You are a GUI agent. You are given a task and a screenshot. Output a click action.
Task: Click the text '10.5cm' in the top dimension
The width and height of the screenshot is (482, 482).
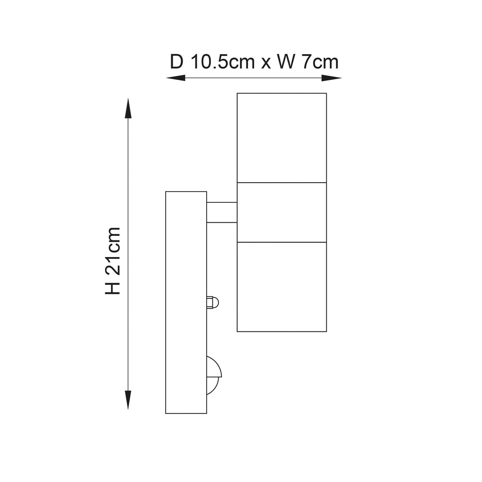(x=223, y=62)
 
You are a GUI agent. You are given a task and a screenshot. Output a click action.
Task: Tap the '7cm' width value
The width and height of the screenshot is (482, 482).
(x=320, y=62)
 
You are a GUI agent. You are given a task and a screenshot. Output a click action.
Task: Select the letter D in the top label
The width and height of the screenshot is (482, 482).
(x=177, y=62)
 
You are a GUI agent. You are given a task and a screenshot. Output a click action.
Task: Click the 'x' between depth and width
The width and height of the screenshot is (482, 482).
(x=266, y=64)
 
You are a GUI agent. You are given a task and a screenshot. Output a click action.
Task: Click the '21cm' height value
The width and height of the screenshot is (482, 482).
(x=112, y=251)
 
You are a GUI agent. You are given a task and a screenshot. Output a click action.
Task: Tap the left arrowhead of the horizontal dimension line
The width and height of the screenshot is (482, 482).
(x=176, y=78)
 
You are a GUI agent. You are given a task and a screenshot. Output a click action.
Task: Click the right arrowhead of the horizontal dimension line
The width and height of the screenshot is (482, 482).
(x=331, y=78)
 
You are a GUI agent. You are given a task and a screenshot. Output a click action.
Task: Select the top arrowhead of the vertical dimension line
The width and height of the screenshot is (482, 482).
(x=128, y=109)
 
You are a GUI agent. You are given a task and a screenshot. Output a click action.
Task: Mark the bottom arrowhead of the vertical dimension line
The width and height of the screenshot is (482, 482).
(x=128, y=400)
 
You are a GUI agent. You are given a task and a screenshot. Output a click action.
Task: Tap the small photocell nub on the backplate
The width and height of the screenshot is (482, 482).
(x=213, y=303)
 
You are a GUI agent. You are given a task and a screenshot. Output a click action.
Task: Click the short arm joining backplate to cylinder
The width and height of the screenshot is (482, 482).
(x=222, y=212)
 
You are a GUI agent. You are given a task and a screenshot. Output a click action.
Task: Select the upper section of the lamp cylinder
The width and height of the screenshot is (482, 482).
(x=281, y=138)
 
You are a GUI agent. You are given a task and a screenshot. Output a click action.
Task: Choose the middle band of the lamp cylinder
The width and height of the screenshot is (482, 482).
(x=281, y=212)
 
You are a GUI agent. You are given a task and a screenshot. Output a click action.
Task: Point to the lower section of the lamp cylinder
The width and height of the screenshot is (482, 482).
(x=281, y=287)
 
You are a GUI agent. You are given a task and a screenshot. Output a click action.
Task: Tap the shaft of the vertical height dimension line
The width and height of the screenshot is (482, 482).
(x=128, y=254)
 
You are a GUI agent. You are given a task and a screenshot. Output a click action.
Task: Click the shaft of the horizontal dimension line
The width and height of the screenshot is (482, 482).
(x=254, y=78)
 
